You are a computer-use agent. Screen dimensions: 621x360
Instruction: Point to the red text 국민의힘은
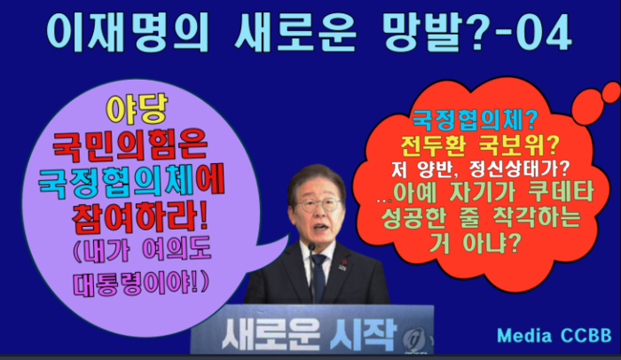click(x=130, y=145)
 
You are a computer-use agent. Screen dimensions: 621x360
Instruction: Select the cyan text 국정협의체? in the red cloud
click(x=474, y=120)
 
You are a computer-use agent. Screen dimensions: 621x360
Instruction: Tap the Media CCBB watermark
click(x=554, y=335)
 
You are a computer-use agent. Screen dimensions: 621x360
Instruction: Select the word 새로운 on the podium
click(x=271, y=333)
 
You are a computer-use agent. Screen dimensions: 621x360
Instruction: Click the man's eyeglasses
click(x=318, y=205)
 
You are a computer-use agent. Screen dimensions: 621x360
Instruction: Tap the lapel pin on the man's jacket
click(x=342, y=264)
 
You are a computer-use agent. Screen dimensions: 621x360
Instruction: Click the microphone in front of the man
click(x=311, y=273)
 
